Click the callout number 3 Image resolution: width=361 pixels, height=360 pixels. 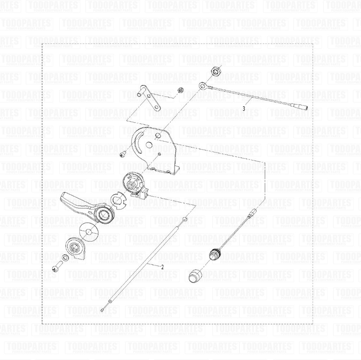(244, 108)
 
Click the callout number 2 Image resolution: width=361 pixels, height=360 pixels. (162, 267)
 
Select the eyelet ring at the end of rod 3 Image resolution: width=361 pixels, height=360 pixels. (202, 85)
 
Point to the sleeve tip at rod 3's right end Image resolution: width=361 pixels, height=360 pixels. (302, 106)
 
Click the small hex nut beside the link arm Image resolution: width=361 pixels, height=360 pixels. (179, 91)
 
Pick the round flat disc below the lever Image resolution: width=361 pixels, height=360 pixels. (89, 231)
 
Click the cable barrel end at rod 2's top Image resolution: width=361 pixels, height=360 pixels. (185, 220)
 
